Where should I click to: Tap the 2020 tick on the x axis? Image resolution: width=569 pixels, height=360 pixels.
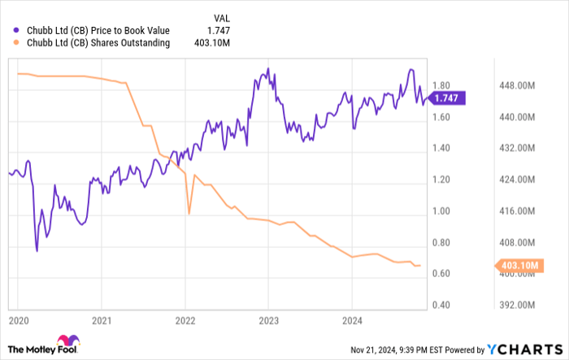click(17, 319)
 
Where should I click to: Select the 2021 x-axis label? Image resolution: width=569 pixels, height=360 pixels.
click(101, 319)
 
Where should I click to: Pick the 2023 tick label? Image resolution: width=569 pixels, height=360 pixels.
click(268, 319)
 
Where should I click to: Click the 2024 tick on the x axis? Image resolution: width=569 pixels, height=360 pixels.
click(352, 319)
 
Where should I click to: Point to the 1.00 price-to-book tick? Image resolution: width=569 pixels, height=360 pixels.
click(441, 211)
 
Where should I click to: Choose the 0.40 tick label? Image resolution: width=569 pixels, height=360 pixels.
click(441, 306)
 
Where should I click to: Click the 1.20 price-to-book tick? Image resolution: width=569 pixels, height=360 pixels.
click(441, 180)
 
